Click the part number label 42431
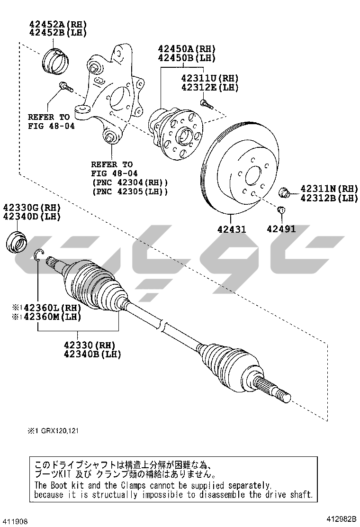coord(232,229)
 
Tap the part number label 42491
coord(281,229)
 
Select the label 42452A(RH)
coord(58,24)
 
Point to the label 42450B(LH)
coord(187,58)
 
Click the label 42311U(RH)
coord(210,78)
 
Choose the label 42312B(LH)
coord(329,198)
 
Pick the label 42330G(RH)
coord(32,208)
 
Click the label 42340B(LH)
coord(92,354)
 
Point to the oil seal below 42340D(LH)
coord(17,242)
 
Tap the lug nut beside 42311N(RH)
coord(284,193)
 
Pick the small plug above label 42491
coord(281,211)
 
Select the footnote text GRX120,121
coord(60,431)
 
